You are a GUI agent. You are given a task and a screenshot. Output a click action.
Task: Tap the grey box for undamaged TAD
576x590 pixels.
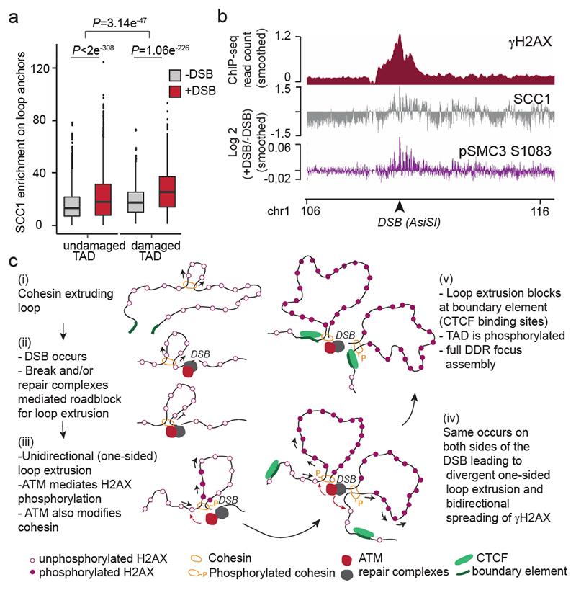tap(71, 205)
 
